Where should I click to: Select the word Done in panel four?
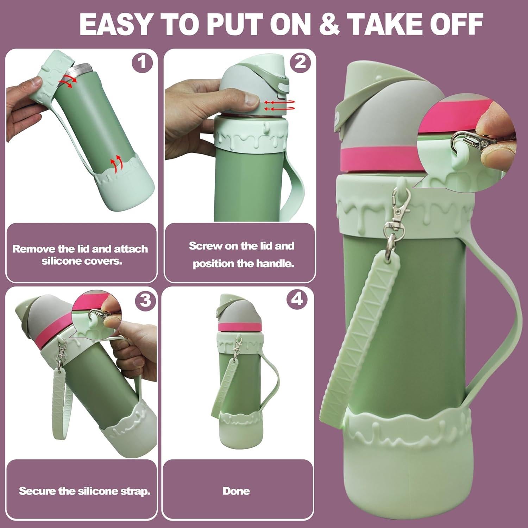236,491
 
